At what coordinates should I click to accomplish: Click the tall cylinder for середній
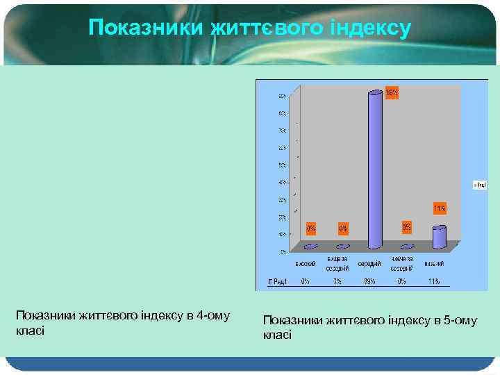[375, 170]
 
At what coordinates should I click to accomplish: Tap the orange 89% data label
[392, 92]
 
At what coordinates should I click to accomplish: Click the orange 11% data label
[440, 208]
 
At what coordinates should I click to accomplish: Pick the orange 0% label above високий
[311, 227]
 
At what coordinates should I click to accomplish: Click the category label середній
[369, 265]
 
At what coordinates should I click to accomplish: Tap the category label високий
[306, 265]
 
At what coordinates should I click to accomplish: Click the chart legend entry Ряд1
[479, 184]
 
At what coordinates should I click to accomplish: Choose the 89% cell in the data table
[369, 281]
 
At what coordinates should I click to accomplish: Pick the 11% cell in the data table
[434, 281]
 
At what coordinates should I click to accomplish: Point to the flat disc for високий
[311, 247]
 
